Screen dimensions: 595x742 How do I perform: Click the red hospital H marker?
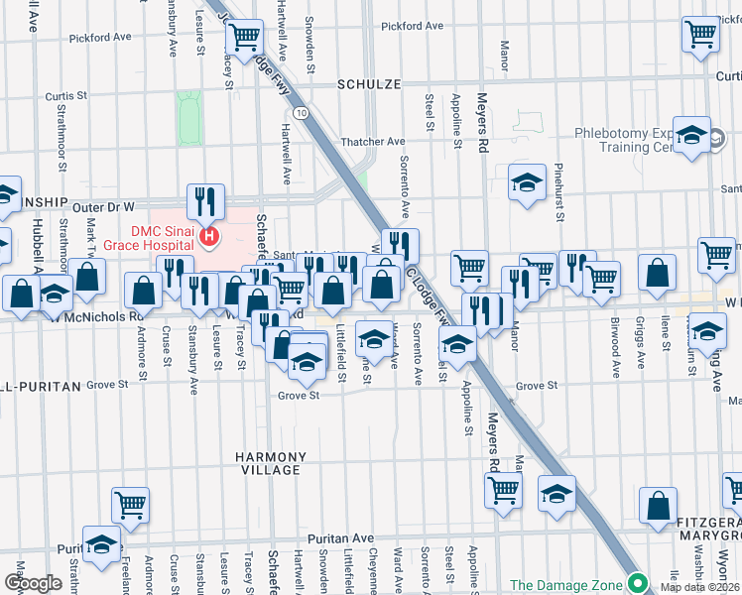point(209,236)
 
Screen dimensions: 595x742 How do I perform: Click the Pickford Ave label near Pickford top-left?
point(99,37)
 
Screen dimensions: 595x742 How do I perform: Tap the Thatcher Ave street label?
point(373,142)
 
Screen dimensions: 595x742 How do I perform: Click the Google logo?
point(33,583)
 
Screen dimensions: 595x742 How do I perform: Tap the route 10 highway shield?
point(300,113)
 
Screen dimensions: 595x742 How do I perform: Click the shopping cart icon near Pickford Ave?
point(243,38)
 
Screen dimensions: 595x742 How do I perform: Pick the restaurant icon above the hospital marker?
point(205,200)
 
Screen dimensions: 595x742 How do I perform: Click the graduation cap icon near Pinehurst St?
point(527,181)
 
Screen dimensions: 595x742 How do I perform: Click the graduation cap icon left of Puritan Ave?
point(101,543)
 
